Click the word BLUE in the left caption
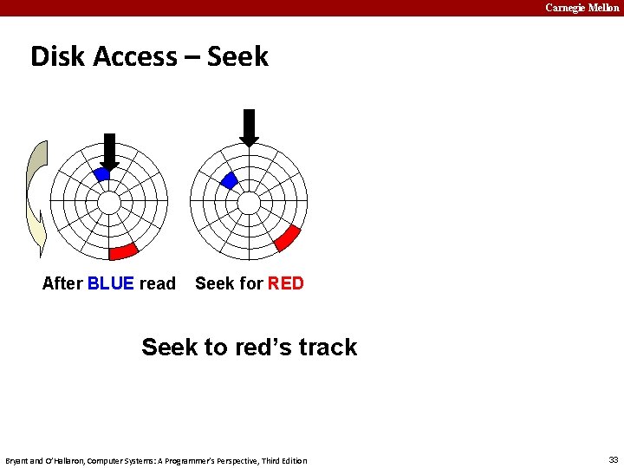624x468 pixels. pyautogui.click(x=111, y=283)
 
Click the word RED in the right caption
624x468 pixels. pyautogui.click(x=286, y=283)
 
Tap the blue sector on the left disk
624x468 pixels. pyautogui.click(x=101, y=174)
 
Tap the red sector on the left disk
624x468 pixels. pyautogui.click(x=123, y=251)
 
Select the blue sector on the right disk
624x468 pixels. pyautogui.click(x=229, y=180)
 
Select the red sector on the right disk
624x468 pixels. pyautogui.click(x=287, y=237)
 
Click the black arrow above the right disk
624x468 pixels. pyautogui.click(x=249, y=127)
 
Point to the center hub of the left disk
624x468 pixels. pyautogui.click(x=109, y=203)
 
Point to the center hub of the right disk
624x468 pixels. pyautogui.click(x=249, y=203)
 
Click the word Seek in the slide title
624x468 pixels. pyautogui.click(x=237, y=56)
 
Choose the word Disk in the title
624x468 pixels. pyautogui.click(x=57, y=56)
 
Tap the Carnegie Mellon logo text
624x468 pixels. pyautogui.click(x=582, y=8)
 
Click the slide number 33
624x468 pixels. pyautogui.click(x=613, y=460)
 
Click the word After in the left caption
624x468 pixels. pyautogui.click(x=62, y=283)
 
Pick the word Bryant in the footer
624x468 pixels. pyautogui.click(x=18, y=460)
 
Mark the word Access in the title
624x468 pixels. pyautogui.click(x=134, y=56)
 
